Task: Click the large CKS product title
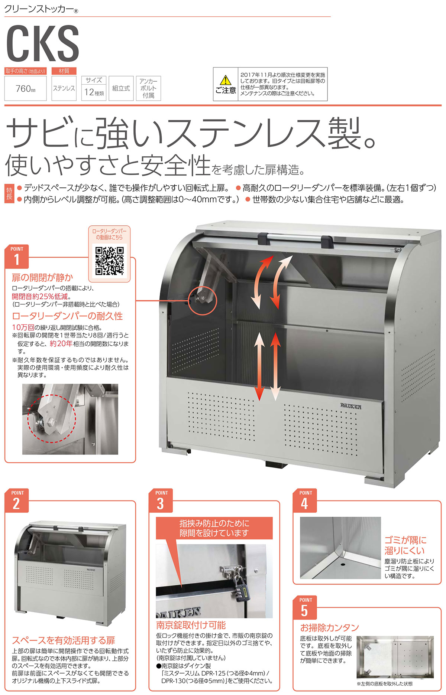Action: coord(42,43)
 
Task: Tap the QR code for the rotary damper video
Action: coord(109,261)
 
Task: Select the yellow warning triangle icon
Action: coord(225,80)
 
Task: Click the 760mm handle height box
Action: coord(25,88)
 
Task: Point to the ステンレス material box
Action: coord(64,88)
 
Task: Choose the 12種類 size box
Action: coord(94,88)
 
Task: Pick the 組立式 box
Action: coord(121,88)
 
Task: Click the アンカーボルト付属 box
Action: coord(148,88)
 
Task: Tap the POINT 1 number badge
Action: coord(17,257)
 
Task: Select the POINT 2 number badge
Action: coord(17,501)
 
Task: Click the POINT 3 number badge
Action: coord(161,501)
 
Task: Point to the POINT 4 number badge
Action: coord(305,501)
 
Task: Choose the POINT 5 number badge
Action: coord(305,608)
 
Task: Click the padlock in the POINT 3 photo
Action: coord(240,588)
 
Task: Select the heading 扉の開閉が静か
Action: coord(42,277)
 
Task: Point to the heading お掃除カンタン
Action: coord(330,627)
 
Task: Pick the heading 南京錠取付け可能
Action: coord(191,625)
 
